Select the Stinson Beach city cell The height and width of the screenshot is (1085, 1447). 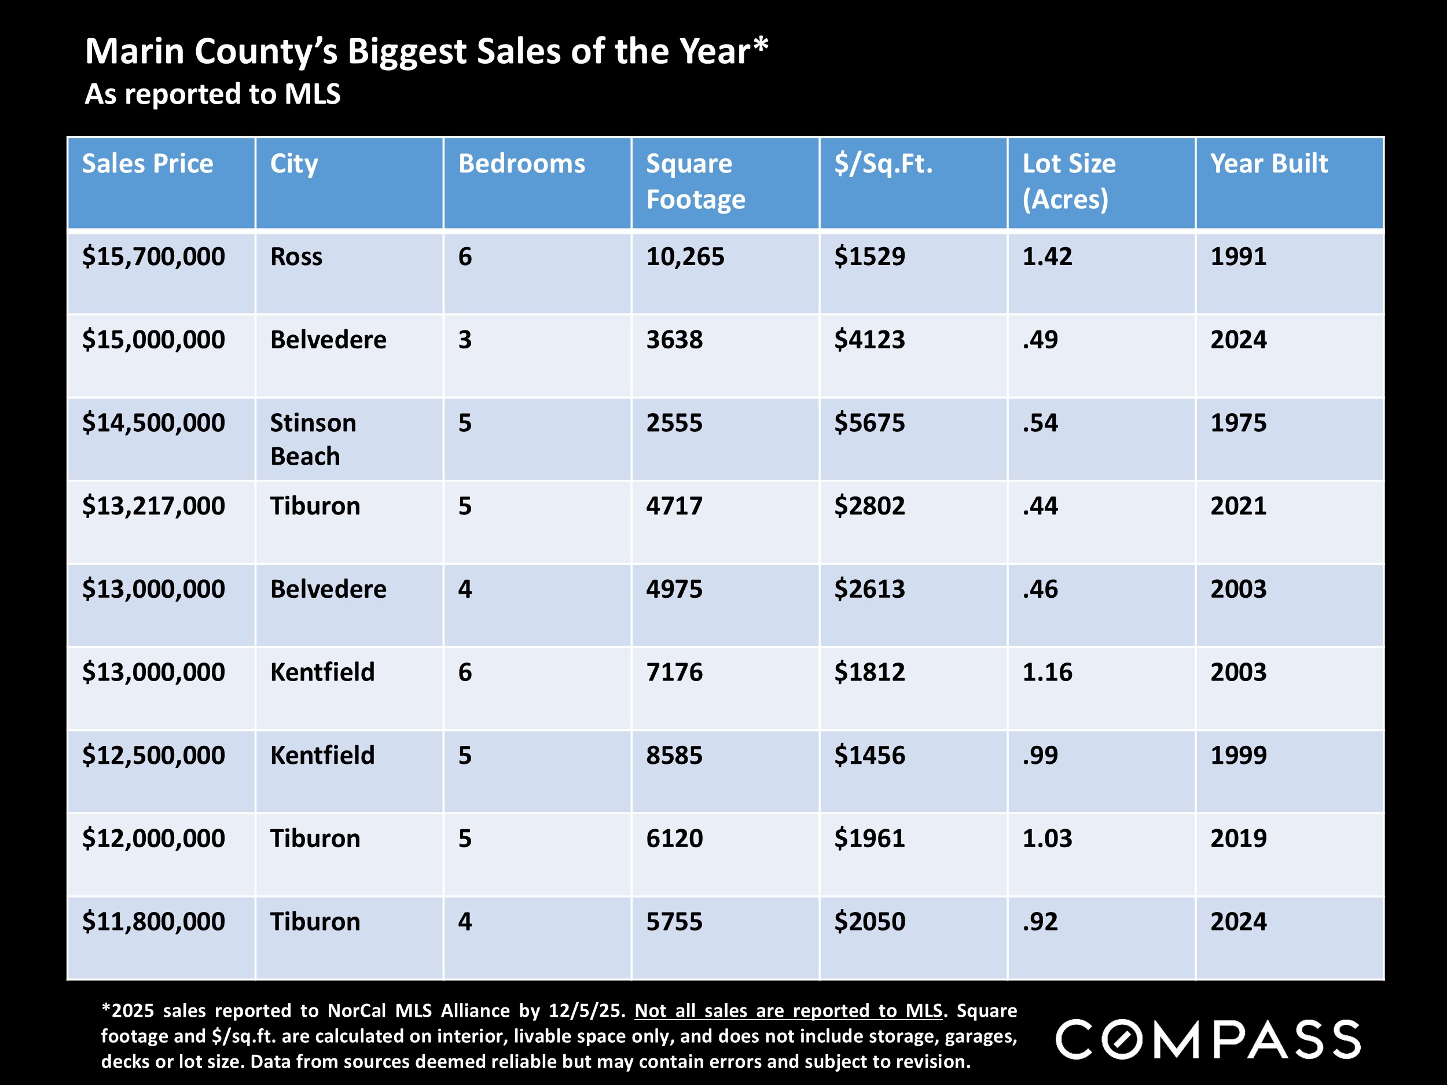coord(313,439)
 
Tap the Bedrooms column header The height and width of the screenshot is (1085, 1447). coord(521,164)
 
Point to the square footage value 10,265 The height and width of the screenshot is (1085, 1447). coord(685,256)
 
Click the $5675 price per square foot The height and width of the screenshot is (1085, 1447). coord(869,422)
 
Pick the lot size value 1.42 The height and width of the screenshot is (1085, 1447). coord(1046,256)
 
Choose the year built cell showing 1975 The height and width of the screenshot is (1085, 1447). coord(1237,422)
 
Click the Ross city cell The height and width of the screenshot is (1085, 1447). coord(296,256)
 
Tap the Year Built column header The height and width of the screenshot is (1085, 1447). coord(1268,164)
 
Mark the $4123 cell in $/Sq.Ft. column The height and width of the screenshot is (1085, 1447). coord(869,340)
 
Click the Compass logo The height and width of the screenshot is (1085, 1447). coord(1207,1039)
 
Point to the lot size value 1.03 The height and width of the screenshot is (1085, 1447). coord(1046,838)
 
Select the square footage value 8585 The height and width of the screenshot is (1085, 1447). coord(674,755)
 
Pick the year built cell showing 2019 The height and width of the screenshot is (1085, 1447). coord(1237,838)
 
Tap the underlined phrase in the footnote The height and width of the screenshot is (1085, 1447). coord(788,1010)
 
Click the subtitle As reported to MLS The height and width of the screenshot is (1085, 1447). coord(212,94)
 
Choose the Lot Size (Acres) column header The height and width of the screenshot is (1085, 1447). coord(1068,181)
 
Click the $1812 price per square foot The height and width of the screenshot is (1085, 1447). coord(869,672)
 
